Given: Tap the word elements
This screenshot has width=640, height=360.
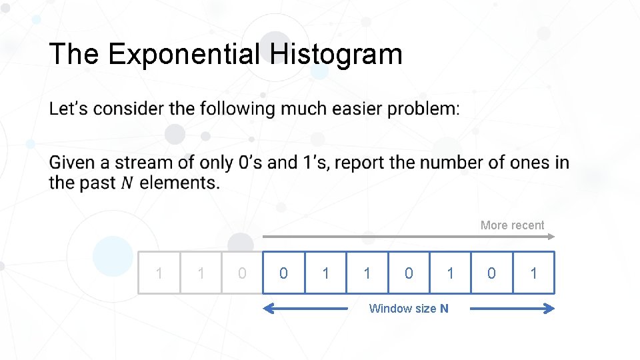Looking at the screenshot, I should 179,183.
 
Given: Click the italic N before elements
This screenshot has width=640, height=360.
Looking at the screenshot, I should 127,183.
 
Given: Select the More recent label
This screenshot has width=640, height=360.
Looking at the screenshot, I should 512,225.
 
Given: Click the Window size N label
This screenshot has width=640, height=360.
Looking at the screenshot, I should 409,308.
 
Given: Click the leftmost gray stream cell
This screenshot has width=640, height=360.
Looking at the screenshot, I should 159,273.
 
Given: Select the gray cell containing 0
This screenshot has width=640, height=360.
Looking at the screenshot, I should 242,273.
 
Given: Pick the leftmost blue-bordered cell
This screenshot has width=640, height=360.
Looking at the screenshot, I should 283,273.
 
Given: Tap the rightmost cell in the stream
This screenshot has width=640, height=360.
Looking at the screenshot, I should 533,273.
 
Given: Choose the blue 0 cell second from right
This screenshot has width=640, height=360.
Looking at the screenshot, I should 492,273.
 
